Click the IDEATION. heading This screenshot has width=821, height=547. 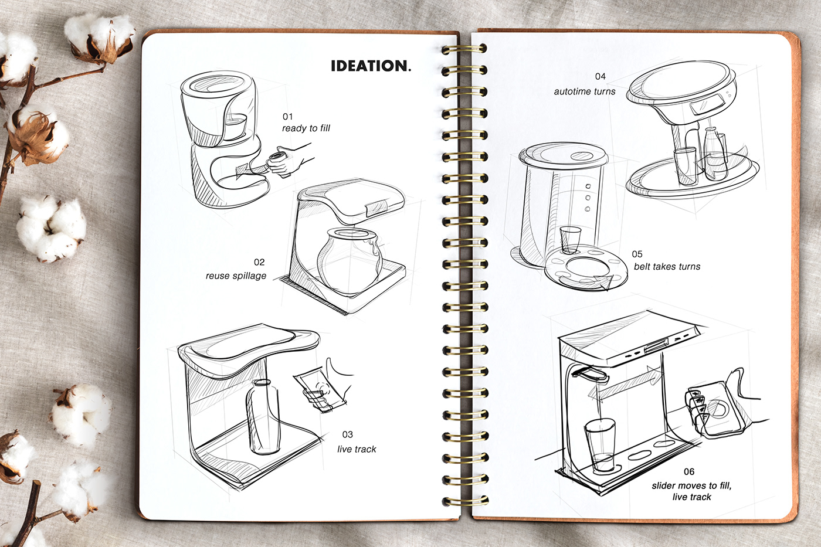371,66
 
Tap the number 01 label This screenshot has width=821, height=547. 287,117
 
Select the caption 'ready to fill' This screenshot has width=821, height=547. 306,128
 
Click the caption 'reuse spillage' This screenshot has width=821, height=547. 236,276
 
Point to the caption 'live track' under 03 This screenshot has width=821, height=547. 357,449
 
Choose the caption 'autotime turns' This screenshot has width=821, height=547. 584,91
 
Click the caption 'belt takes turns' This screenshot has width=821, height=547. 667,267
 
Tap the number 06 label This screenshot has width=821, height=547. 688,471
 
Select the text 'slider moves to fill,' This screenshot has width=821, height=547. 691,485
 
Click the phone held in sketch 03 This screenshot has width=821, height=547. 315,389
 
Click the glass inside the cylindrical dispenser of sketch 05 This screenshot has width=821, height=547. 569,239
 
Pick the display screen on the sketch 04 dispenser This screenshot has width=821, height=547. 701,107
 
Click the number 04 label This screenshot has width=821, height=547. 600,76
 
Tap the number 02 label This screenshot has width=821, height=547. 259,262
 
